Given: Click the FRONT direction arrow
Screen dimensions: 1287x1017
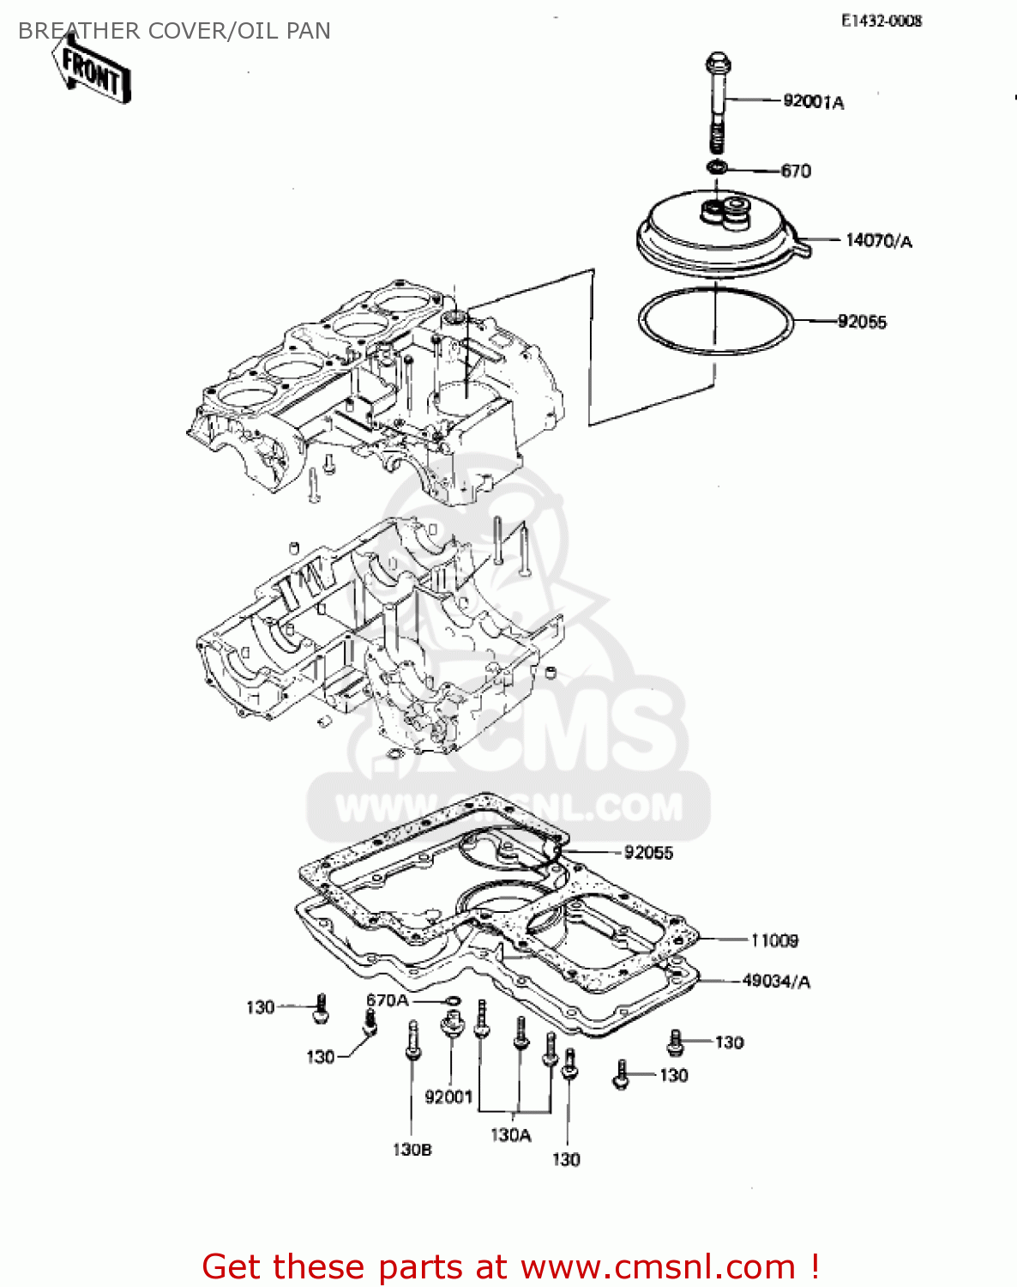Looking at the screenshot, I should [91, 72].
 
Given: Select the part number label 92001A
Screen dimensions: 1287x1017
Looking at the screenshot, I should [813, 102].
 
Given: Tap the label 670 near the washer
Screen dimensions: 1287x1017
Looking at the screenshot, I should [796, 171].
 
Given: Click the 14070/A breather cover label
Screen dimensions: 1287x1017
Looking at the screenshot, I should [878, 241].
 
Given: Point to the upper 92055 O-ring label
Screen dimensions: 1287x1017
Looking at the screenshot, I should [862, 322].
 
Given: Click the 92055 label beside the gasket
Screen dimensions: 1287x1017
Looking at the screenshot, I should [648, 853].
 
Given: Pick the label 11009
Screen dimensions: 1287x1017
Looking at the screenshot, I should [774, 941].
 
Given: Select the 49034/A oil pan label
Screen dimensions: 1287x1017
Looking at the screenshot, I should [776, 981].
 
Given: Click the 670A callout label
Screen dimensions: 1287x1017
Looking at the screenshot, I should [388, 1000].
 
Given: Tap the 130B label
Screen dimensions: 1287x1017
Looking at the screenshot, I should [412, 1150].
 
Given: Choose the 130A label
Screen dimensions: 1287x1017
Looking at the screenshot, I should [511, 1135].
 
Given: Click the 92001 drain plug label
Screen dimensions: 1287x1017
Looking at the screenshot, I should [448, 1097].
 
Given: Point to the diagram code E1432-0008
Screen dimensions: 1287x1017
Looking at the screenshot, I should [881, 21].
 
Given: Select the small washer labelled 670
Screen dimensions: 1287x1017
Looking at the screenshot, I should [719, 166].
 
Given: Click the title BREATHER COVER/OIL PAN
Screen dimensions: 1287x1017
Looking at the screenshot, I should [174, 31].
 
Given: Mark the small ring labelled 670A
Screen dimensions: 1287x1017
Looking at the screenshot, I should [453, 1000].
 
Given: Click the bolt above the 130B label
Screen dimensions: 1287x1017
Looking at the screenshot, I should [412, 1042].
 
